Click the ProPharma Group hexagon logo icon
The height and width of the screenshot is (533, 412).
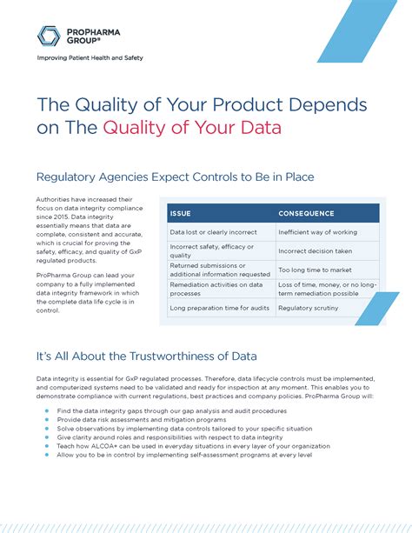pos(49,36)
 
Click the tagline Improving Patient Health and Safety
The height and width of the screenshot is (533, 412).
pos(90,58)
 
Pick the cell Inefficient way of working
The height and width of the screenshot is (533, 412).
pos(316,232)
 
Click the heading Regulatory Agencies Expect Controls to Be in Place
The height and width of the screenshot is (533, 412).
pos(175,177)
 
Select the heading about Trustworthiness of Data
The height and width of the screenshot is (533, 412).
pos(146,356)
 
